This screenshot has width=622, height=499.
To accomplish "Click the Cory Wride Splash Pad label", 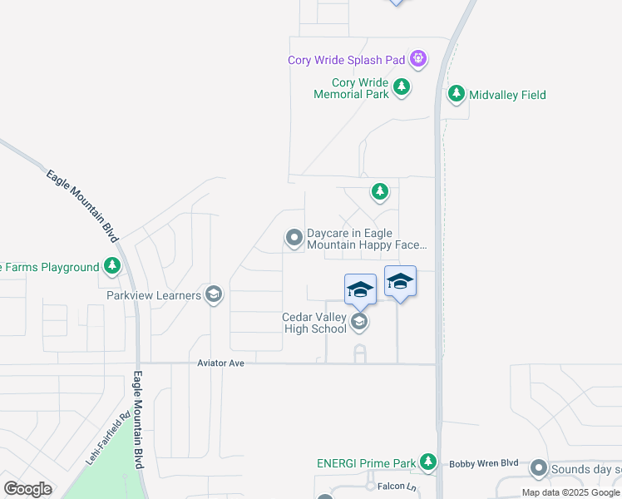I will [x=347, y=60].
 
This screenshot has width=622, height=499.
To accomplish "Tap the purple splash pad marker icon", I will [x=418, y=58].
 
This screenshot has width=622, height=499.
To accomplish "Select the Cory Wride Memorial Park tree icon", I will [x=402, y=86].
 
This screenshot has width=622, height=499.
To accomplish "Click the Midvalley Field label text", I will [x=507, y=95].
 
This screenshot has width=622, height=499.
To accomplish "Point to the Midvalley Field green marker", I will [x=456, y=95].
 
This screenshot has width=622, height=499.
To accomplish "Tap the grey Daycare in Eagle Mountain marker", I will [x=294, y=239].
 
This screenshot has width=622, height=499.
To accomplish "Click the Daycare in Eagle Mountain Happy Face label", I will [x=367, y=240].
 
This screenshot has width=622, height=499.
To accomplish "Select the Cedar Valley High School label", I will [x=314, y=323].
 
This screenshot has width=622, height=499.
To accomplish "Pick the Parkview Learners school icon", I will [x=214, y=294].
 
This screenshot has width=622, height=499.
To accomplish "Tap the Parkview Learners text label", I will [x=154, y=295].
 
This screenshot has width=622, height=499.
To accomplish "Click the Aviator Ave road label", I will [x=220, y=363].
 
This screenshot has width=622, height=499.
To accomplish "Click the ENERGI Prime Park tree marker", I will [x=428, y=462].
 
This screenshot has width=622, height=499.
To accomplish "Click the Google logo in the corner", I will [x=27, y=489].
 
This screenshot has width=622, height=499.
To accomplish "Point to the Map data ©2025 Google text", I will [x=570, y=493].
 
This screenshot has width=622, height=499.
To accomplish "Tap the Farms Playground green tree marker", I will [x=112, y=267].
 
